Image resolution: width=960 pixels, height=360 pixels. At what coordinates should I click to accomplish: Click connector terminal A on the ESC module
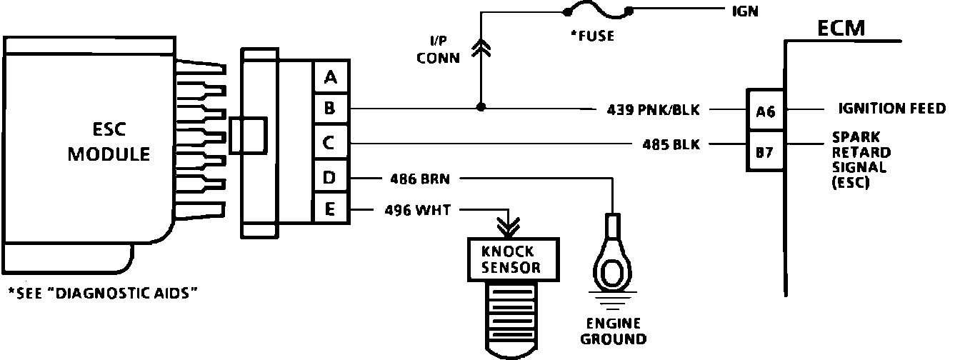click(x=330, y=76)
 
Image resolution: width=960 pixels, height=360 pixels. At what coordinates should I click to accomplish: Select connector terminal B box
click(x=330, y=109)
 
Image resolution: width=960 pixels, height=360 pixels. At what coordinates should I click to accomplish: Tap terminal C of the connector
click(x=330, y=143)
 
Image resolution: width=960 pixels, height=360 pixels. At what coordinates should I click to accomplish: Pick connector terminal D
click(x=330, y=177)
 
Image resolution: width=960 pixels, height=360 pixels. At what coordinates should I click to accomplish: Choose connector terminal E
click(x=330, y=209)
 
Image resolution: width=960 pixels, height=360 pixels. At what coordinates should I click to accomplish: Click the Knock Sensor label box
click(x=511, y=259)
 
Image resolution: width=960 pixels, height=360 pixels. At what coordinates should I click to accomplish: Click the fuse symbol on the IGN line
click(x=597, y=12)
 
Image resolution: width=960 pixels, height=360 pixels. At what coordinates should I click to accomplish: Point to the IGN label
click(x=745, y=11)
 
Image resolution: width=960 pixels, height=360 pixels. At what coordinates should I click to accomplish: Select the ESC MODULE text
click(x=109, y=143)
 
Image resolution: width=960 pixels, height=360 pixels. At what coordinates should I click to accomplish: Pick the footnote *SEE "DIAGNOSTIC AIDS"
click(x=101, y=293)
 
